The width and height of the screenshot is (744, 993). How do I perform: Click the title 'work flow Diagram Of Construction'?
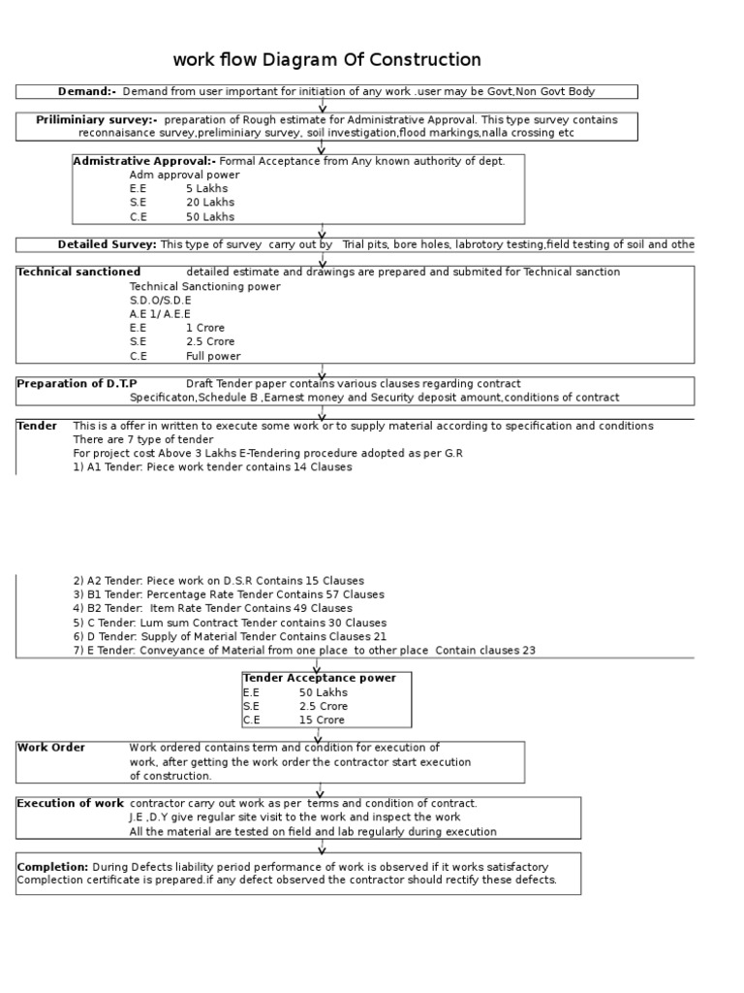(326, 60)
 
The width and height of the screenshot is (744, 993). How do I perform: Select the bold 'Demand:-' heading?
(87, 91)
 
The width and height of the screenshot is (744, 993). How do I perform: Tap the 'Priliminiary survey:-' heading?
(97, 119)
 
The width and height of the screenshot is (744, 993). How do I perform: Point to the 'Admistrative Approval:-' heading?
(145, 161)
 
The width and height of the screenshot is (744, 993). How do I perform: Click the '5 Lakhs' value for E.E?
(207, 189)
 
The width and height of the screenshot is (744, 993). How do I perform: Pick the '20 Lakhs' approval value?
(210, 203)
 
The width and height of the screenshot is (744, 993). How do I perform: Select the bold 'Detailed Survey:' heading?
(107, 244)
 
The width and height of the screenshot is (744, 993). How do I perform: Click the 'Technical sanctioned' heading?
(78, 272)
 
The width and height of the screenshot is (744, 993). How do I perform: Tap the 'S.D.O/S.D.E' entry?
(161, 301)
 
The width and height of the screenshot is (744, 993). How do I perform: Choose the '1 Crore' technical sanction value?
(205, 328)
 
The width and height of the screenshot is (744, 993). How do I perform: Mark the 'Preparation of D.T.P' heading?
(78, 384)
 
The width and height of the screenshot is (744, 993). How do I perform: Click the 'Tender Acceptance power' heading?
(320, 678)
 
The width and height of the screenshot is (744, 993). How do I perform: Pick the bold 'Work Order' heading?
(51, 748)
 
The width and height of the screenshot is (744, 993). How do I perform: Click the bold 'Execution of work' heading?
(71, 804)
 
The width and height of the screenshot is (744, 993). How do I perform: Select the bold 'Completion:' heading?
(53, 866)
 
